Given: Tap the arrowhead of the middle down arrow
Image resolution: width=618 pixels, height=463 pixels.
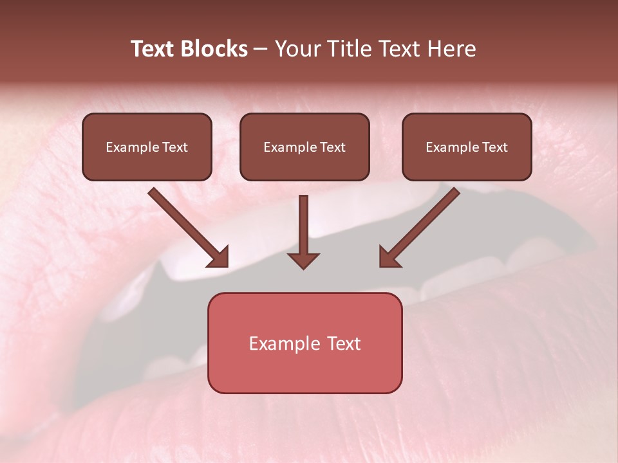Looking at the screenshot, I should (x=303, y=260).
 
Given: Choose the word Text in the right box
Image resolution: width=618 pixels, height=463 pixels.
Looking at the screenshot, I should (x=494, y=147).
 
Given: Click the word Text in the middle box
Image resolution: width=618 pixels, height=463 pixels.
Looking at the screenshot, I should (x=332, y=147).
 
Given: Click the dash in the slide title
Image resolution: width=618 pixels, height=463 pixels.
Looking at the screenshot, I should (x=261, y=49).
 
